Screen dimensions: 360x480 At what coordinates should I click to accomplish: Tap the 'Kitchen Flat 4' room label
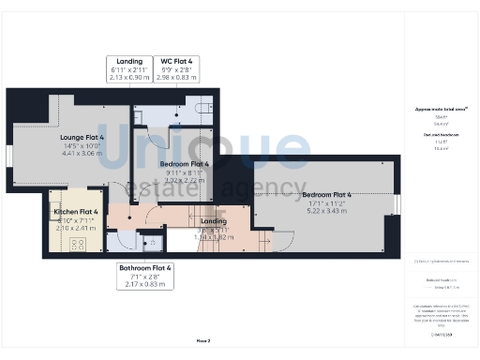tap(76, 213)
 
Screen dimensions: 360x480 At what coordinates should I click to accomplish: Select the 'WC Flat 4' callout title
tap(178, 61)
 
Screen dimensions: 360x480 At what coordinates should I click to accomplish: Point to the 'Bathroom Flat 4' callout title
tap(145, 267)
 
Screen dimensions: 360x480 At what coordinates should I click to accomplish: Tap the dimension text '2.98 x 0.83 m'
tap(178, 77)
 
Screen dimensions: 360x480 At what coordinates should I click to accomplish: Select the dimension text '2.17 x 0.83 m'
tap(145, 283)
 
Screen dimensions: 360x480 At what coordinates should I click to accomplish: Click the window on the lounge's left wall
tap(8, 154)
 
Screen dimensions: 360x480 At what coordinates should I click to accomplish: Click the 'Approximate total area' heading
tap(441, 110)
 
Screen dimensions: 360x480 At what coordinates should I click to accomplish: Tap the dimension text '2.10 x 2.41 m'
tap(76, 228)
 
